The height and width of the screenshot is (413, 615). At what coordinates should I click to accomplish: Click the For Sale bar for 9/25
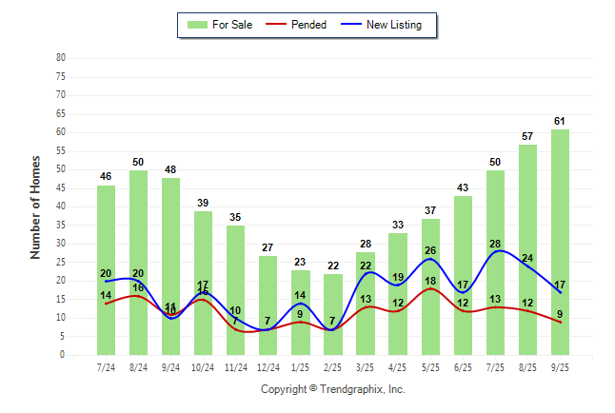561,242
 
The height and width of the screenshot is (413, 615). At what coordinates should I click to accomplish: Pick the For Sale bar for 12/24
268,305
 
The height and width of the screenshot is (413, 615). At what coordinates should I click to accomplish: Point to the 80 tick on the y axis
61,57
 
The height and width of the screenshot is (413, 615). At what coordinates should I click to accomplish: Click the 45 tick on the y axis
61,187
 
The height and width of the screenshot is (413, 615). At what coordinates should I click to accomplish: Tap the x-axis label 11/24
236,367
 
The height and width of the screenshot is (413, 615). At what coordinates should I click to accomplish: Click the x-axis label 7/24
107,367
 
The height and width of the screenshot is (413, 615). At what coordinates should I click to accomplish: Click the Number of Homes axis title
36,206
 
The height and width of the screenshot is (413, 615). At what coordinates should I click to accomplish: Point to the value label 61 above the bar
561,121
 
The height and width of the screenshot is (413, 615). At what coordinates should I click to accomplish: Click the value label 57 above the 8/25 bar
528,136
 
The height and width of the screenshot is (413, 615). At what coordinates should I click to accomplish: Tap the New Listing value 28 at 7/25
496,245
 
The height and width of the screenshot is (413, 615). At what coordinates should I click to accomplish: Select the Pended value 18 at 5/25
431,282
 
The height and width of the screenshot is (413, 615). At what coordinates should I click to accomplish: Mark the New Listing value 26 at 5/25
431,251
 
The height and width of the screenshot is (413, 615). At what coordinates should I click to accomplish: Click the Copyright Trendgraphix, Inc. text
333,389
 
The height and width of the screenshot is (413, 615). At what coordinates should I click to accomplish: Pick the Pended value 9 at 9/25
561,315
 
